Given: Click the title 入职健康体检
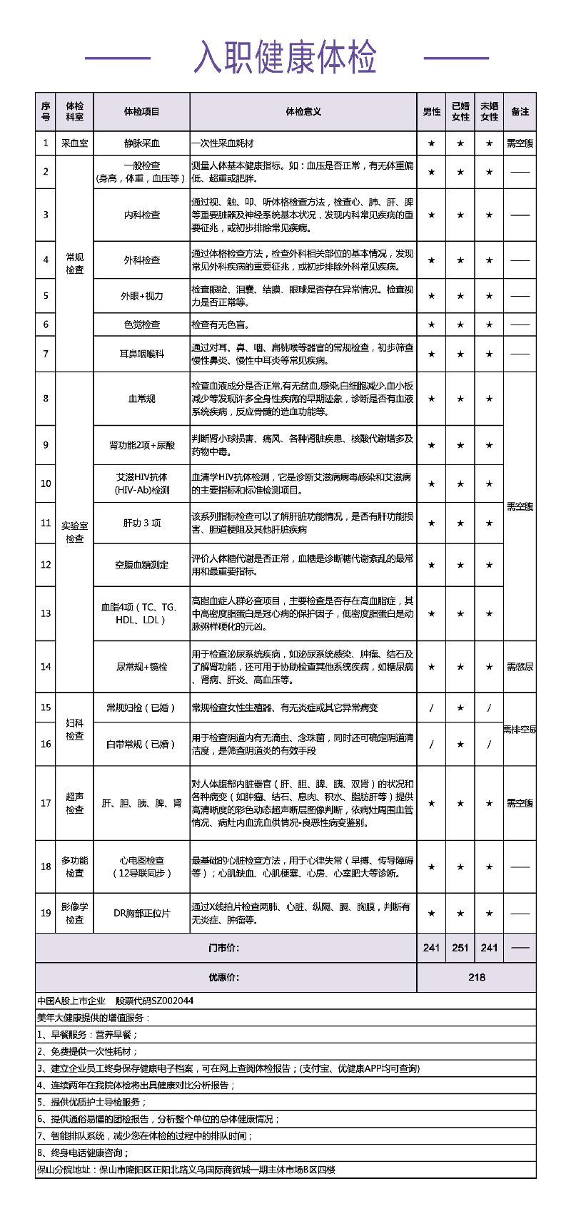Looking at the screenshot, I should (x=285, y=58).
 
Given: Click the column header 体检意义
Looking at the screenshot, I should (x=303, y=112).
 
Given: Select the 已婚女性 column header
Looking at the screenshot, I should (x=460, y=112).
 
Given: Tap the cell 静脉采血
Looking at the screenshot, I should (x=141, y=143).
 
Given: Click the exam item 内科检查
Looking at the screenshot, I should (x=141, y=215).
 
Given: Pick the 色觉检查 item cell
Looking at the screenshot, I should (x=141, y=325).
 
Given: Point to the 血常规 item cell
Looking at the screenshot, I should (x=141, y=399).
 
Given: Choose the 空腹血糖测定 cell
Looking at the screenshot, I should (x=141, y=565).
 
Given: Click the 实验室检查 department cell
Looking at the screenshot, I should (x=74, y=532).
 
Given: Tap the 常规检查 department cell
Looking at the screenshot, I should (x=74, y=263).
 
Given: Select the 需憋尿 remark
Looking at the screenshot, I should (x=520, y=667).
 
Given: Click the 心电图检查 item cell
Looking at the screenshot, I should (x=141, y=867).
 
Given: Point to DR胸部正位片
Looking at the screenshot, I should (x=141, y=913).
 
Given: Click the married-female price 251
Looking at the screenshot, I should (x=460, y=948).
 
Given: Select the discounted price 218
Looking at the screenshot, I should (x=476, y=977).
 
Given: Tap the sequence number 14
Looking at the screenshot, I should (x=46, y=667).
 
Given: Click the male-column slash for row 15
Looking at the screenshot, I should (x=431, y=707).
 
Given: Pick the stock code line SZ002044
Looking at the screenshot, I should (x=115, y=1001).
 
